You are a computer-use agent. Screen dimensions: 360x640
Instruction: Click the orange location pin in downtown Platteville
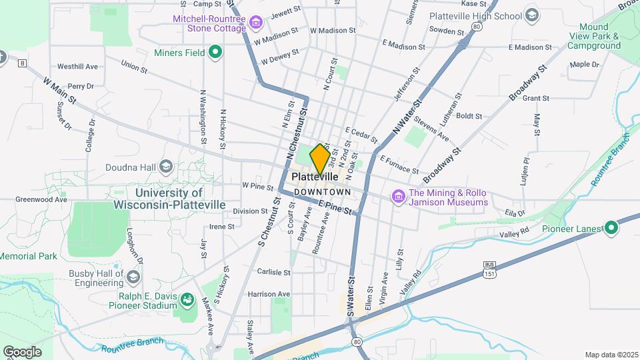(320, 159)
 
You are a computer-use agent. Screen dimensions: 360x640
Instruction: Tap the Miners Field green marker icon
(215, 51)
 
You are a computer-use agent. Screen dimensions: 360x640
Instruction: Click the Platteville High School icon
(531, 15)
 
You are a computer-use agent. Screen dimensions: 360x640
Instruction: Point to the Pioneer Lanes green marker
(611, 228)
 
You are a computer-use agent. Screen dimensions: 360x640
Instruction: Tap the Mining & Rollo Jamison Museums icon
(398, 197)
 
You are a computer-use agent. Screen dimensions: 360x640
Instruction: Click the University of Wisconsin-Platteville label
(169, 199)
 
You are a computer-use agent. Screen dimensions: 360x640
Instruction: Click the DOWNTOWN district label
(322, 192)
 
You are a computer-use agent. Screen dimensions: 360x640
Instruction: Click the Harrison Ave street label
(269, 293)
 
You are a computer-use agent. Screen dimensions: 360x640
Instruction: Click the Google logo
(22, 351)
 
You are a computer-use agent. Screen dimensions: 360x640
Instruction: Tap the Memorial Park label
(28, 256)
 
